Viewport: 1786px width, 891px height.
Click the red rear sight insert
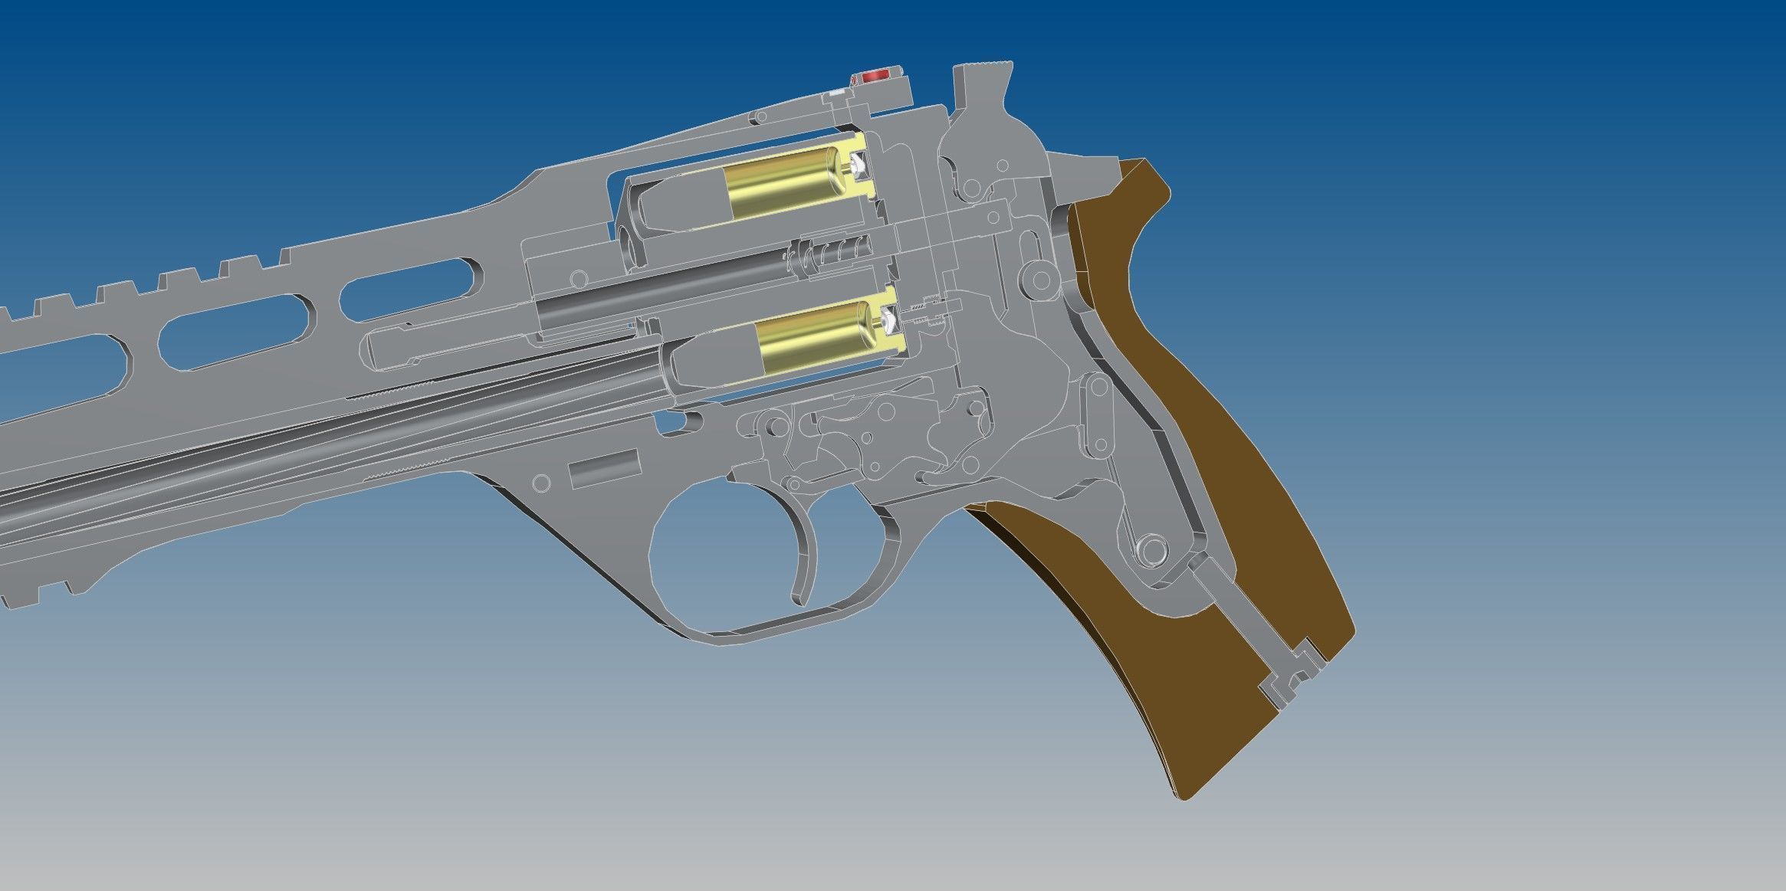pyautogui.click(x=875, y=77)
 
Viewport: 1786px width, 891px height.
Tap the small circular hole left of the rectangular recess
pyautogui.click(x=540, y=483)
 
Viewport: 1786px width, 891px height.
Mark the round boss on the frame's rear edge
pyautogui.click(x=1042, y=280)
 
